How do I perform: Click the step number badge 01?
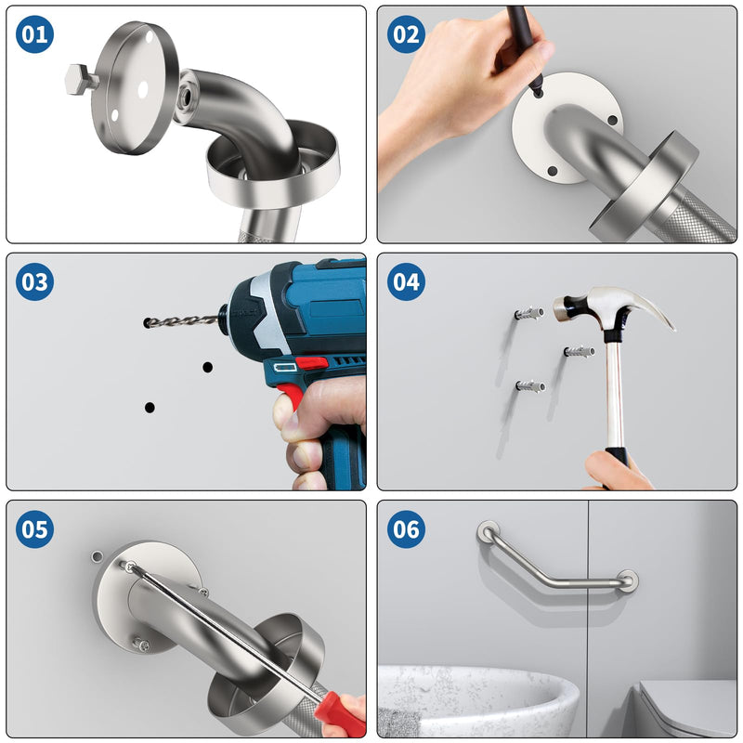[34, 34]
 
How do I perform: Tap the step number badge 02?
[406, 34]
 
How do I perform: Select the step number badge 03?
[34, 281]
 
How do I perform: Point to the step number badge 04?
[406, 281]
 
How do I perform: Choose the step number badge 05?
[34, 528]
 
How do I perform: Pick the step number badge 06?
[406, 528]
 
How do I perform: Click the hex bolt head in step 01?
[78, 79]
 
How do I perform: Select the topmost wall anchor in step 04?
[529, 313]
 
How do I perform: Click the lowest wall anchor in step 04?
[530, 385]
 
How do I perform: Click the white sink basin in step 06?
[478, 700]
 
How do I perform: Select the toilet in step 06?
[687, 709]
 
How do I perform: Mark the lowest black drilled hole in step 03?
[150, 407]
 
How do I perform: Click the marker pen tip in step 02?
[538, 90]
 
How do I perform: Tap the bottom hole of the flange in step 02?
[552, 171]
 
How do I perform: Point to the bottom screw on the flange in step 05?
[141, 644]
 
